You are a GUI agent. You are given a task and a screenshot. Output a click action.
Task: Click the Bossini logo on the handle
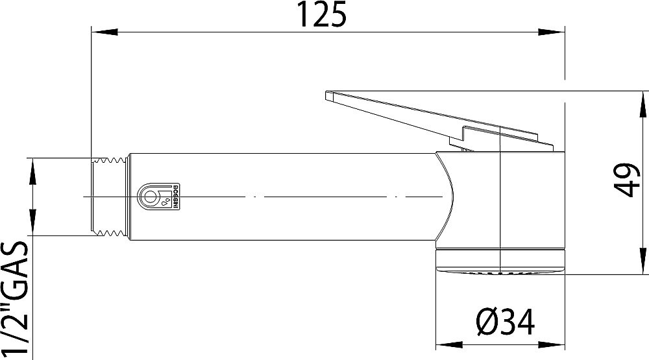coord(156,196)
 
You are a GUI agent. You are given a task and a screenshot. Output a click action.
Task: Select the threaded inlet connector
coord(108,196)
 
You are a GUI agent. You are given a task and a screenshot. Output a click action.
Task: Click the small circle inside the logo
coord(151,196)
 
